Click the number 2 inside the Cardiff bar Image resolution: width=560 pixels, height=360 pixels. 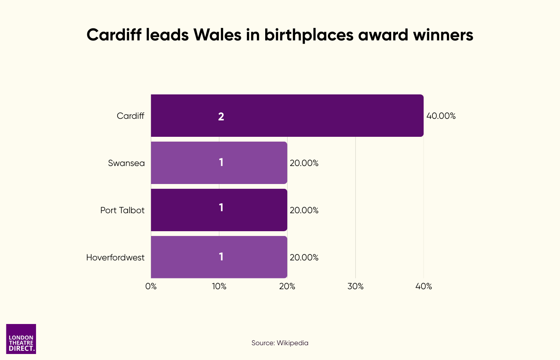221,116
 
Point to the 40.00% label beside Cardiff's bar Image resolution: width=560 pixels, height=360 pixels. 441,116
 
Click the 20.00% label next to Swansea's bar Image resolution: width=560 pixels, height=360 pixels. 304,163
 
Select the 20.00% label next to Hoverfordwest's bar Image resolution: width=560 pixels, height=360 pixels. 304,258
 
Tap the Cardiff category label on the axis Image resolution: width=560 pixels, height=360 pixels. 130,116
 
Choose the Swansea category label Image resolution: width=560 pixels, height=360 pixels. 126,163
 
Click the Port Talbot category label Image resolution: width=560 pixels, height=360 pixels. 122,210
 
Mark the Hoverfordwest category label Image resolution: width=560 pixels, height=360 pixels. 115,258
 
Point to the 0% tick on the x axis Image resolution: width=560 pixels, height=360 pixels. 151,286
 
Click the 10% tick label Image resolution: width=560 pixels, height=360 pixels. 219,286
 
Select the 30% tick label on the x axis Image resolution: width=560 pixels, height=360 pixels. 356,286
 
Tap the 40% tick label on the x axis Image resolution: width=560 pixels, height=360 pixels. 424,286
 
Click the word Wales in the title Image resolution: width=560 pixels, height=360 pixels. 218,35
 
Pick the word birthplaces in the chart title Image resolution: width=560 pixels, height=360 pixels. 309,35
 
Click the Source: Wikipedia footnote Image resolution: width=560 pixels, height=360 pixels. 280,343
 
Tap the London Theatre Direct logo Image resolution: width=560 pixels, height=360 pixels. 21,339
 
